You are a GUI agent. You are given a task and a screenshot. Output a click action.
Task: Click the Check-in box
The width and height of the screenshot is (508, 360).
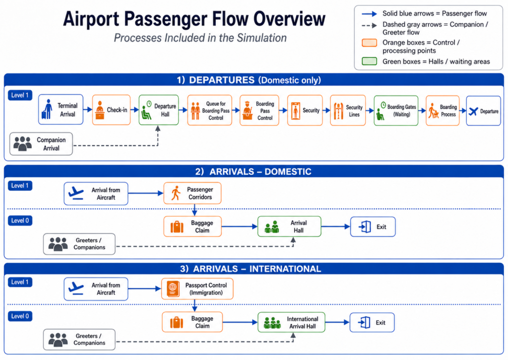pos(111,110)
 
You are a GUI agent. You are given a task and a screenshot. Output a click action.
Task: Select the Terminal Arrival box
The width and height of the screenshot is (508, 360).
pos(61,110)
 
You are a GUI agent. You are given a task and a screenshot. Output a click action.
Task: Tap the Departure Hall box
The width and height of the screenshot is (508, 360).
pos(158,110)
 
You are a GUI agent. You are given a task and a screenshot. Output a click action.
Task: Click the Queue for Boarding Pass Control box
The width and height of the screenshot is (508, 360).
pos(210,110)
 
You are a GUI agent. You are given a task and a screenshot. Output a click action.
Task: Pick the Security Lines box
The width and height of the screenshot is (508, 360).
pos(348,110)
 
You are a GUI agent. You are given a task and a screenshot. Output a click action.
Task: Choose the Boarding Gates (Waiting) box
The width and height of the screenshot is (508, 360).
pos(396,111)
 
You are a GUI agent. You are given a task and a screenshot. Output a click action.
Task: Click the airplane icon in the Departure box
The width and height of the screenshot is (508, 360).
pos(473,111)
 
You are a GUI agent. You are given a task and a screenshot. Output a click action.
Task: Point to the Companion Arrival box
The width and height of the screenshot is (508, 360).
pos(41,144)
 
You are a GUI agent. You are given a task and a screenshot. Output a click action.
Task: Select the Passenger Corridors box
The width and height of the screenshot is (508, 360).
pos(192,193)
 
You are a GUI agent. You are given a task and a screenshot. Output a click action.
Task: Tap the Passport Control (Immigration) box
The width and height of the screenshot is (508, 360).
pos(197,288)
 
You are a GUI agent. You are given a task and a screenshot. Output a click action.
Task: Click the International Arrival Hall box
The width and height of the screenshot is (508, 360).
pos(291,322)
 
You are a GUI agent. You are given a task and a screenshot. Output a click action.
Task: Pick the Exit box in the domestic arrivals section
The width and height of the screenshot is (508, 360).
pos(373,227)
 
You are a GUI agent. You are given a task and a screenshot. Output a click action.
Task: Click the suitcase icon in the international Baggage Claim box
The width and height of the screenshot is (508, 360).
pos(177,323)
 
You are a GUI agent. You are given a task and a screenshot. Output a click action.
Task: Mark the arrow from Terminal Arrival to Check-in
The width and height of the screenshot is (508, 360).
pos(88,110)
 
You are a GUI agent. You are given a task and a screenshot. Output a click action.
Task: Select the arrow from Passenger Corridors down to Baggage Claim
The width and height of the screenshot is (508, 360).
pos(194,210)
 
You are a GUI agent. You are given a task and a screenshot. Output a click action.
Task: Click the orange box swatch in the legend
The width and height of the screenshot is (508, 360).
pos(369,43)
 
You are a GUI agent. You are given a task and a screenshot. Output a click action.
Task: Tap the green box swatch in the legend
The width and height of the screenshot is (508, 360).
pos(369,61)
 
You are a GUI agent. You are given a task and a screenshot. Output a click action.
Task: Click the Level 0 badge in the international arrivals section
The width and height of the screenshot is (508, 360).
pos(20,316)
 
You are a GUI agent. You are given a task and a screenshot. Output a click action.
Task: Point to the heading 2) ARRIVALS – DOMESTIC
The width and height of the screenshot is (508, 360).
pos(254,172)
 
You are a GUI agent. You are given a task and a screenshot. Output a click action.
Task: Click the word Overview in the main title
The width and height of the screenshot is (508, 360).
pos(289,19)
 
